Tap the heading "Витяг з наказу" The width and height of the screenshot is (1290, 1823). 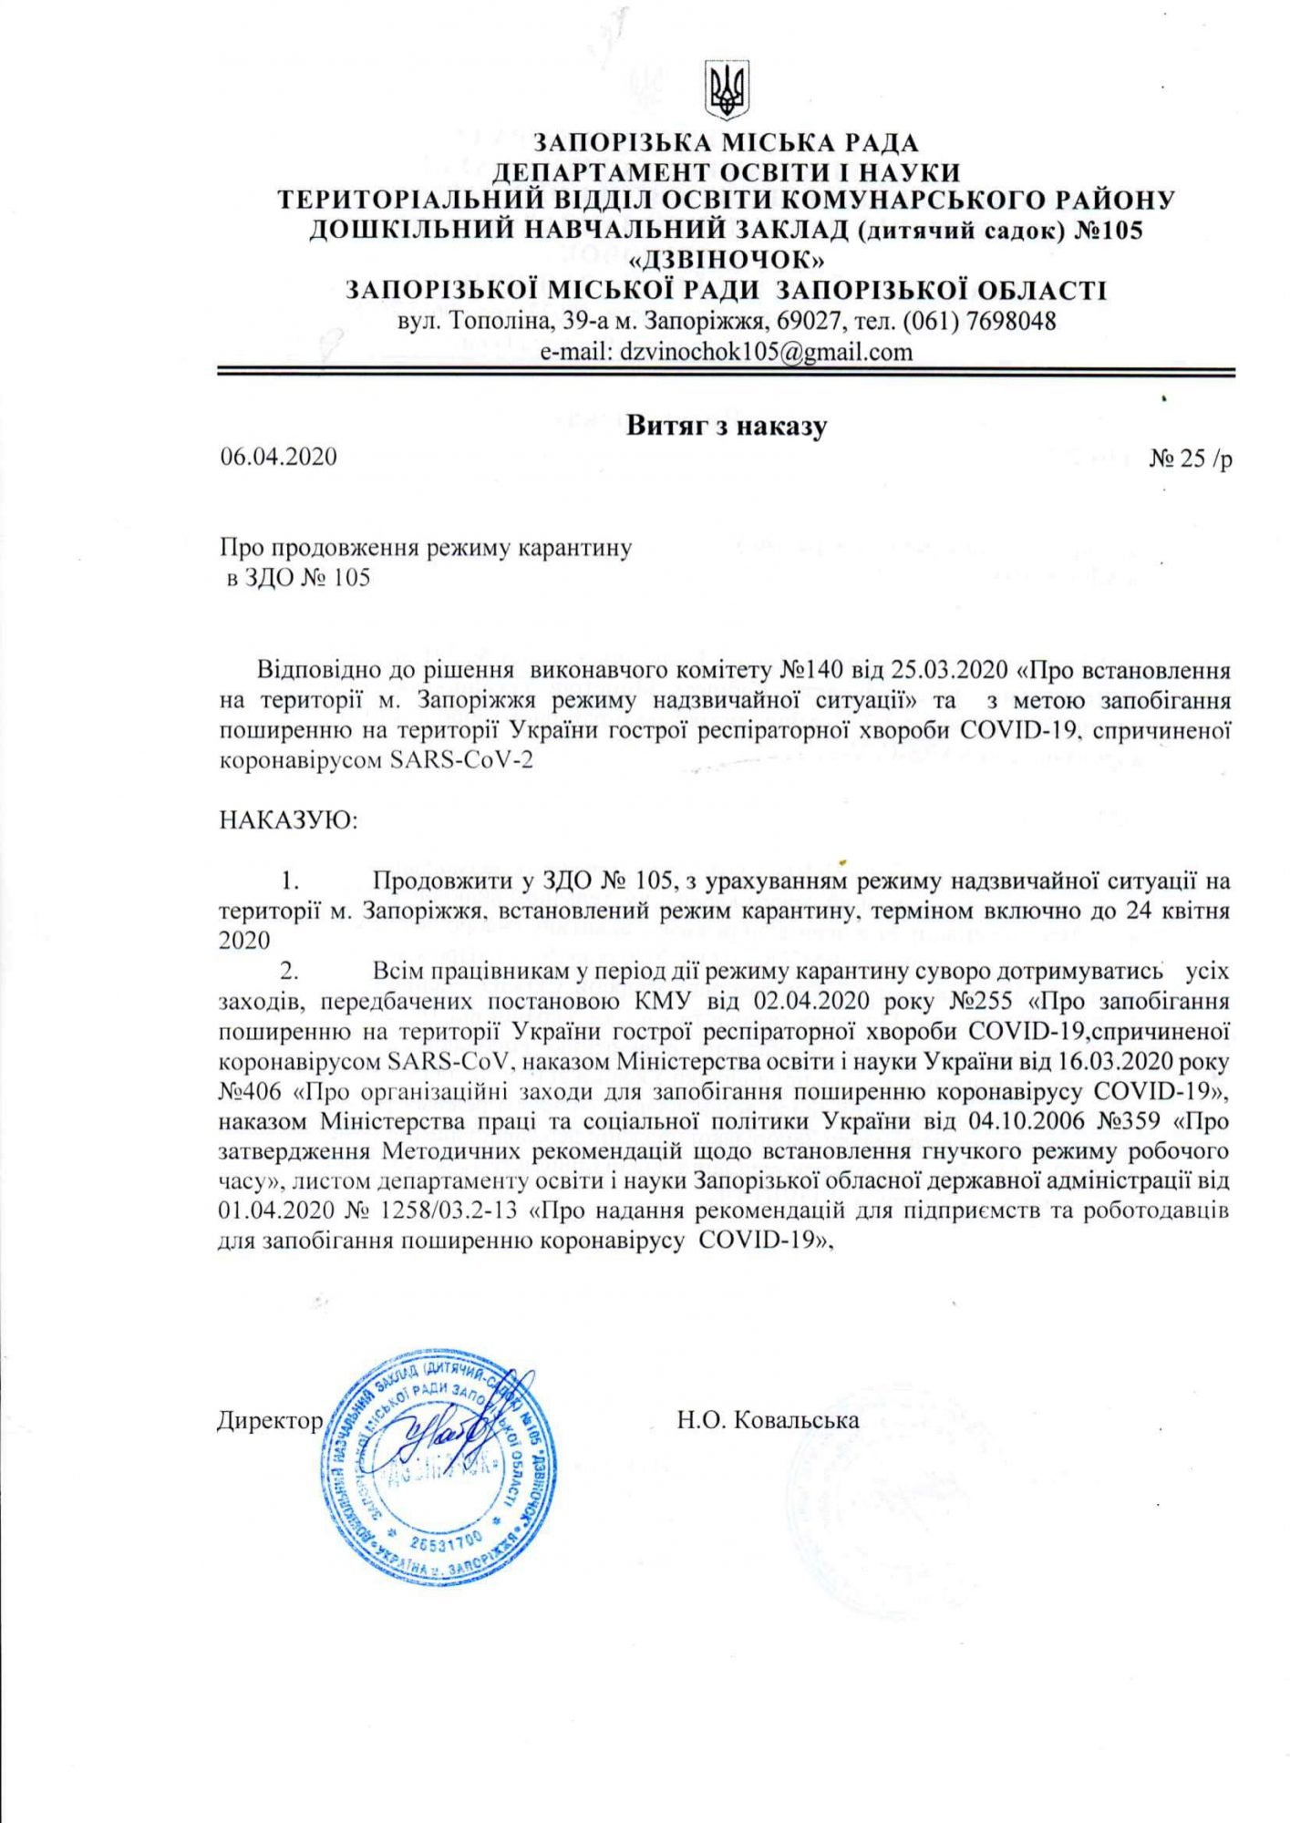[x=726, y=426]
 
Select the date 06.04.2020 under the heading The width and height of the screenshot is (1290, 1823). [x=278, y=457]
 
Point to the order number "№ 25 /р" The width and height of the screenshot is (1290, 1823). [x=1191, y=458]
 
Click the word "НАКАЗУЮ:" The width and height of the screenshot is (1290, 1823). [x=289, y=820]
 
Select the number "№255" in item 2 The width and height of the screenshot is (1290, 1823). [x=981, y=1001]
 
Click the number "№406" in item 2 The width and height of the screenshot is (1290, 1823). [x=250, y=1091]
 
